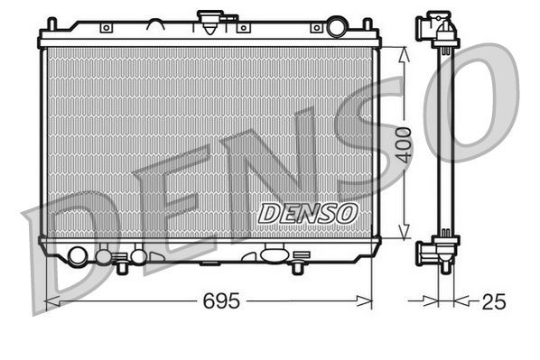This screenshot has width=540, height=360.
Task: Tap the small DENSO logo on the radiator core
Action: click(308, 213)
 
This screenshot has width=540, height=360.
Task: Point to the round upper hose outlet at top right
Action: click(336, 27)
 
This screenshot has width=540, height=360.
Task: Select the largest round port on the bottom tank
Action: click(78, 255)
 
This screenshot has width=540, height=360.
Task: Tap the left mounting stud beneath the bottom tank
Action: click(121, 267)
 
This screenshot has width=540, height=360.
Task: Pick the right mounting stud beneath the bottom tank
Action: click(296, 267)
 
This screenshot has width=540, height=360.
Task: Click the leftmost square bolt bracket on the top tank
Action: click(107, 28)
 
